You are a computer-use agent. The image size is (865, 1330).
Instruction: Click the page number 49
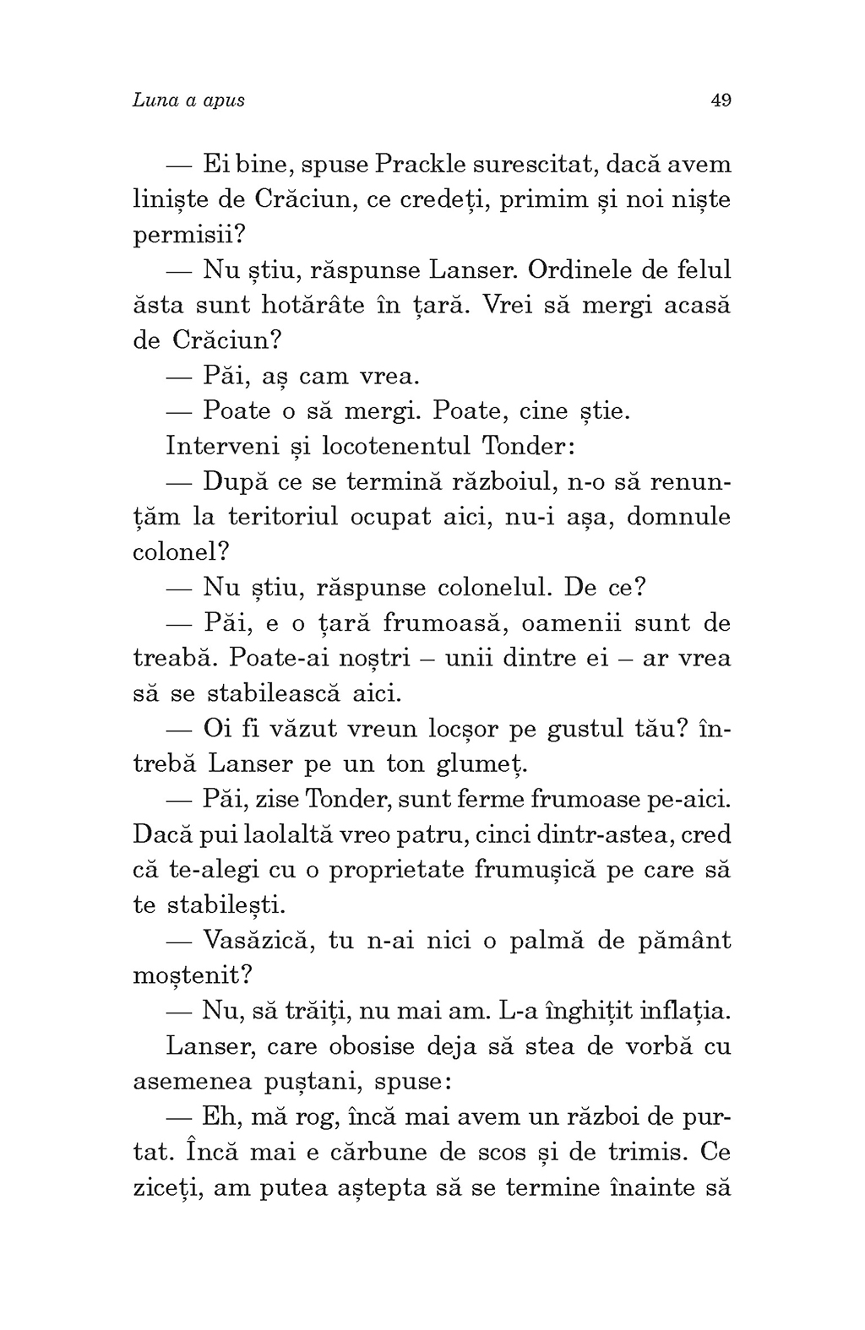tap(721, 100)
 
